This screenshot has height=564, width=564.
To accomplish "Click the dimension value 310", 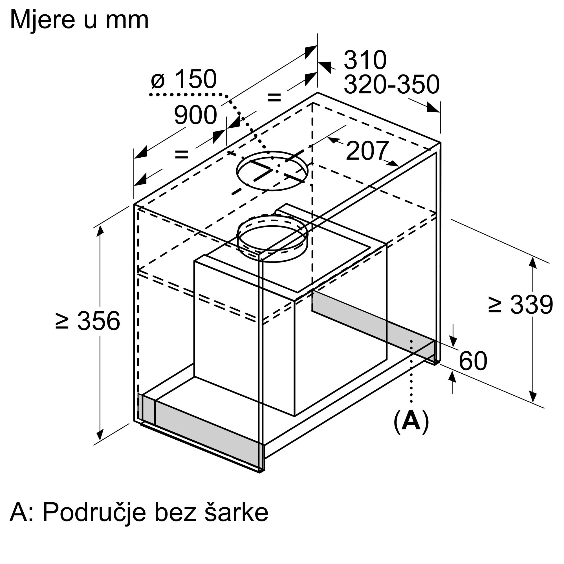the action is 365,60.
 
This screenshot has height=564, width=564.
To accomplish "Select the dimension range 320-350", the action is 391,84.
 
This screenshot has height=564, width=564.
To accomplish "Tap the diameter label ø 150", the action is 184,79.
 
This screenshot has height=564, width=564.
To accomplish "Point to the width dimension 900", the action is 195,115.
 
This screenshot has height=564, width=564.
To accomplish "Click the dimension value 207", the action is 367,151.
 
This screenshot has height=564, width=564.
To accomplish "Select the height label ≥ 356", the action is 88,321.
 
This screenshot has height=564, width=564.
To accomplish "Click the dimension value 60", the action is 473,361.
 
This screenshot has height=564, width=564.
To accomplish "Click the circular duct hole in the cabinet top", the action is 272,171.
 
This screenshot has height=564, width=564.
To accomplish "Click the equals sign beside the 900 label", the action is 274,98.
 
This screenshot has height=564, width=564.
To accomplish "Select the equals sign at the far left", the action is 181,154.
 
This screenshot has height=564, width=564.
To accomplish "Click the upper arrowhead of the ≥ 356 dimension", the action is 100,231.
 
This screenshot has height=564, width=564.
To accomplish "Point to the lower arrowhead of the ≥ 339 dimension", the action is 533,397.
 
